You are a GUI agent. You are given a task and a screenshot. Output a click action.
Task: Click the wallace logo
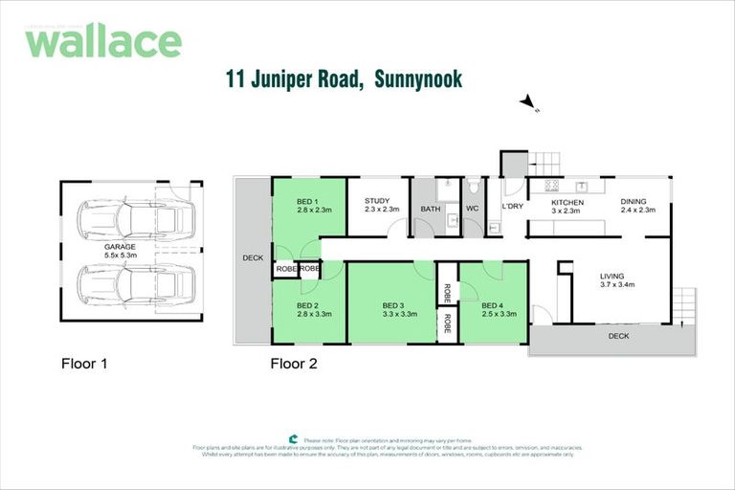coord(102,40)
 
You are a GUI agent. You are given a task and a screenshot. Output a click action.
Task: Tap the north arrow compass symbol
coord(526,102)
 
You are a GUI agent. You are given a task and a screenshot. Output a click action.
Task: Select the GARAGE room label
coord(121,246)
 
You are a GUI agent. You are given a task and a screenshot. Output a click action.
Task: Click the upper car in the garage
coord(134,219)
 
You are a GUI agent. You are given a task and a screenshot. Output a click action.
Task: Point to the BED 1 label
coord(306,201)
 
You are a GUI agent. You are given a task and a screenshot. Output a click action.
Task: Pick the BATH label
coord(430,207)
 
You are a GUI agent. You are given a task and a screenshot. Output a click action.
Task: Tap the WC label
coord(472,208)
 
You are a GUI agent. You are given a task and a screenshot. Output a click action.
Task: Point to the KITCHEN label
coord(567,202)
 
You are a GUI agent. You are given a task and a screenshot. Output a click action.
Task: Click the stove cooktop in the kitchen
coord(551,185)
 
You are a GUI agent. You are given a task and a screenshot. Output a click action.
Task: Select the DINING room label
coord(633,201)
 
